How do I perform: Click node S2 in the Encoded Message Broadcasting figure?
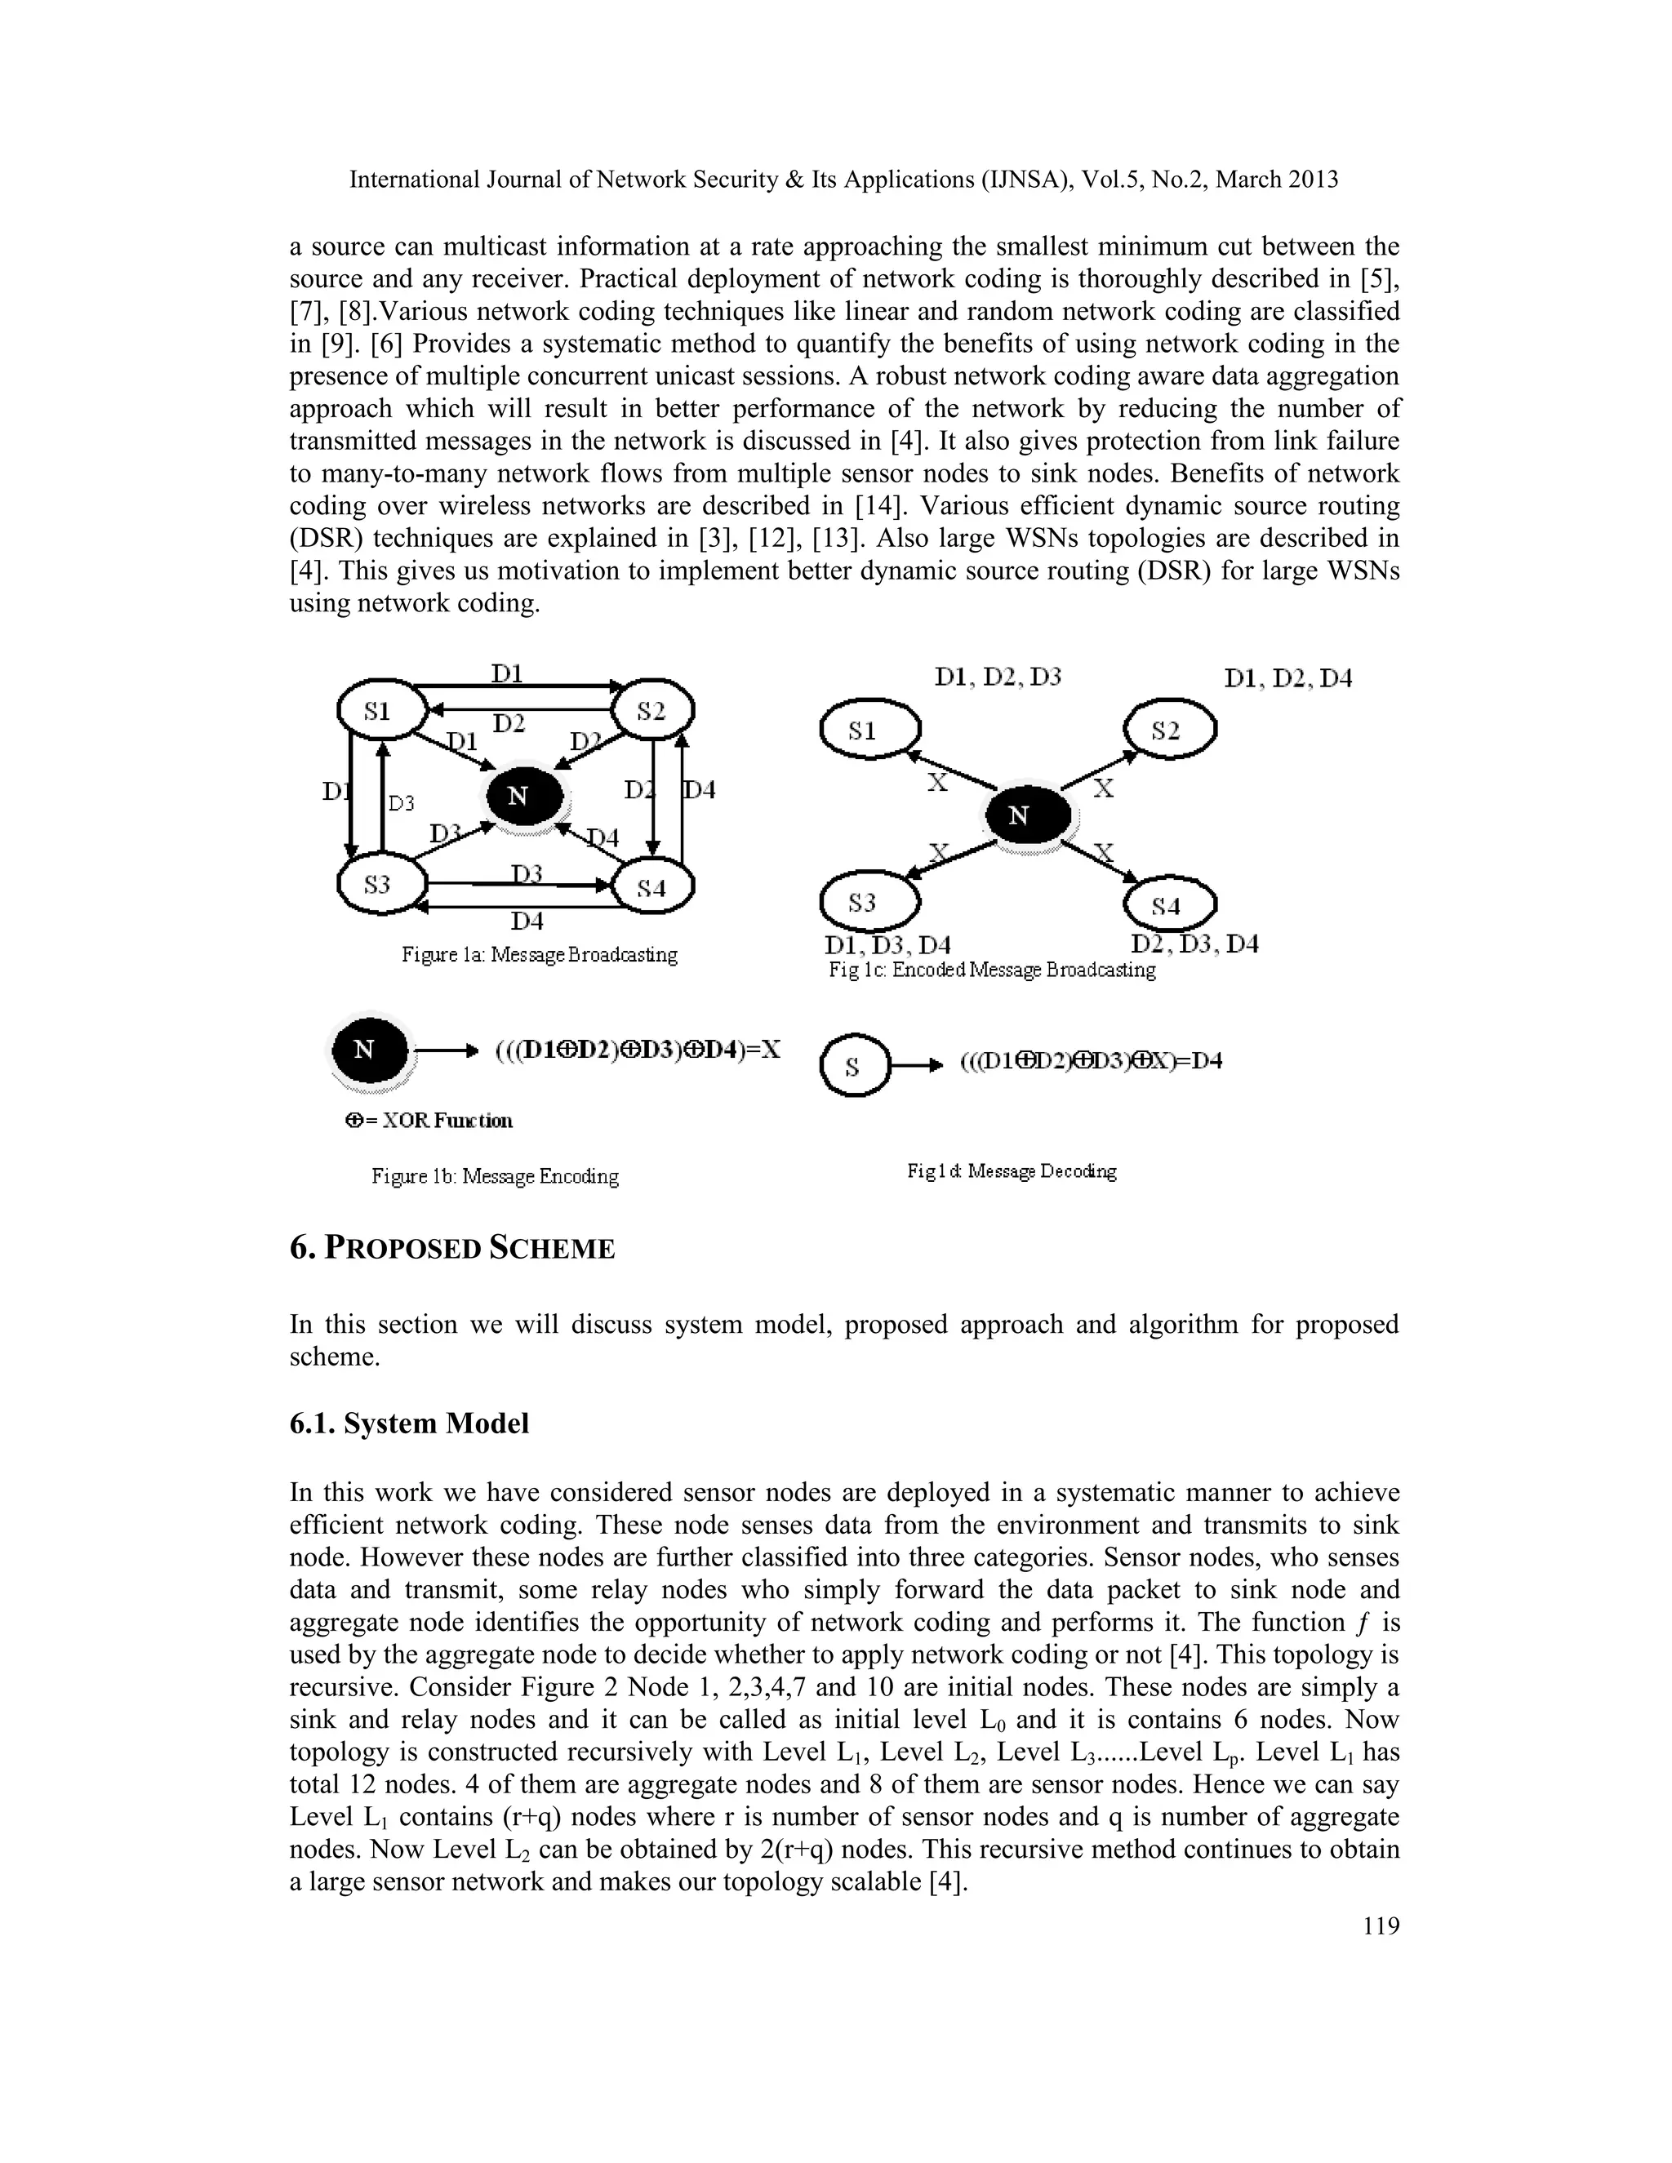point(1169,731)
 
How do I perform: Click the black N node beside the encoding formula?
point(368,1050)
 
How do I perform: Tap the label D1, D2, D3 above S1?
point(998,677)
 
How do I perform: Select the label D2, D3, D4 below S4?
point(1194,944)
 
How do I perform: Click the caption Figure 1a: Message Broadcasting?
point(539,955)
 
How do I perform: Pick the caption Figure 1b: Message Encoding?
point(494,1176)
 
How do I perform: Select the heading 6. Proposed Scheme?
point(451,1248)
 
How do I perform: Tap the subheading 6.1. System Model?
point(409,1423)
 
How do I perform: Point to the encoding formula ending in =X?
point(637,1050)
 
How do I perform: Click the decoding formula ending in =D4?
point(1090,1062)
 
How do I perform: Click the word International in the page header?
point(414,180)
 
